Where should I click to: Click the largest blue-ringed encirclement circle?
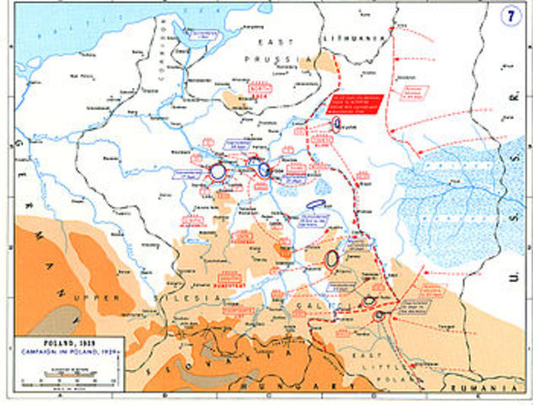coord(217,171)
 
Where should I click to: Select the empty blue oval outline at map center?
coord(316,203)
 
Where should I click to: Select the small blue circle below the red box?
coord(336,124)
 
